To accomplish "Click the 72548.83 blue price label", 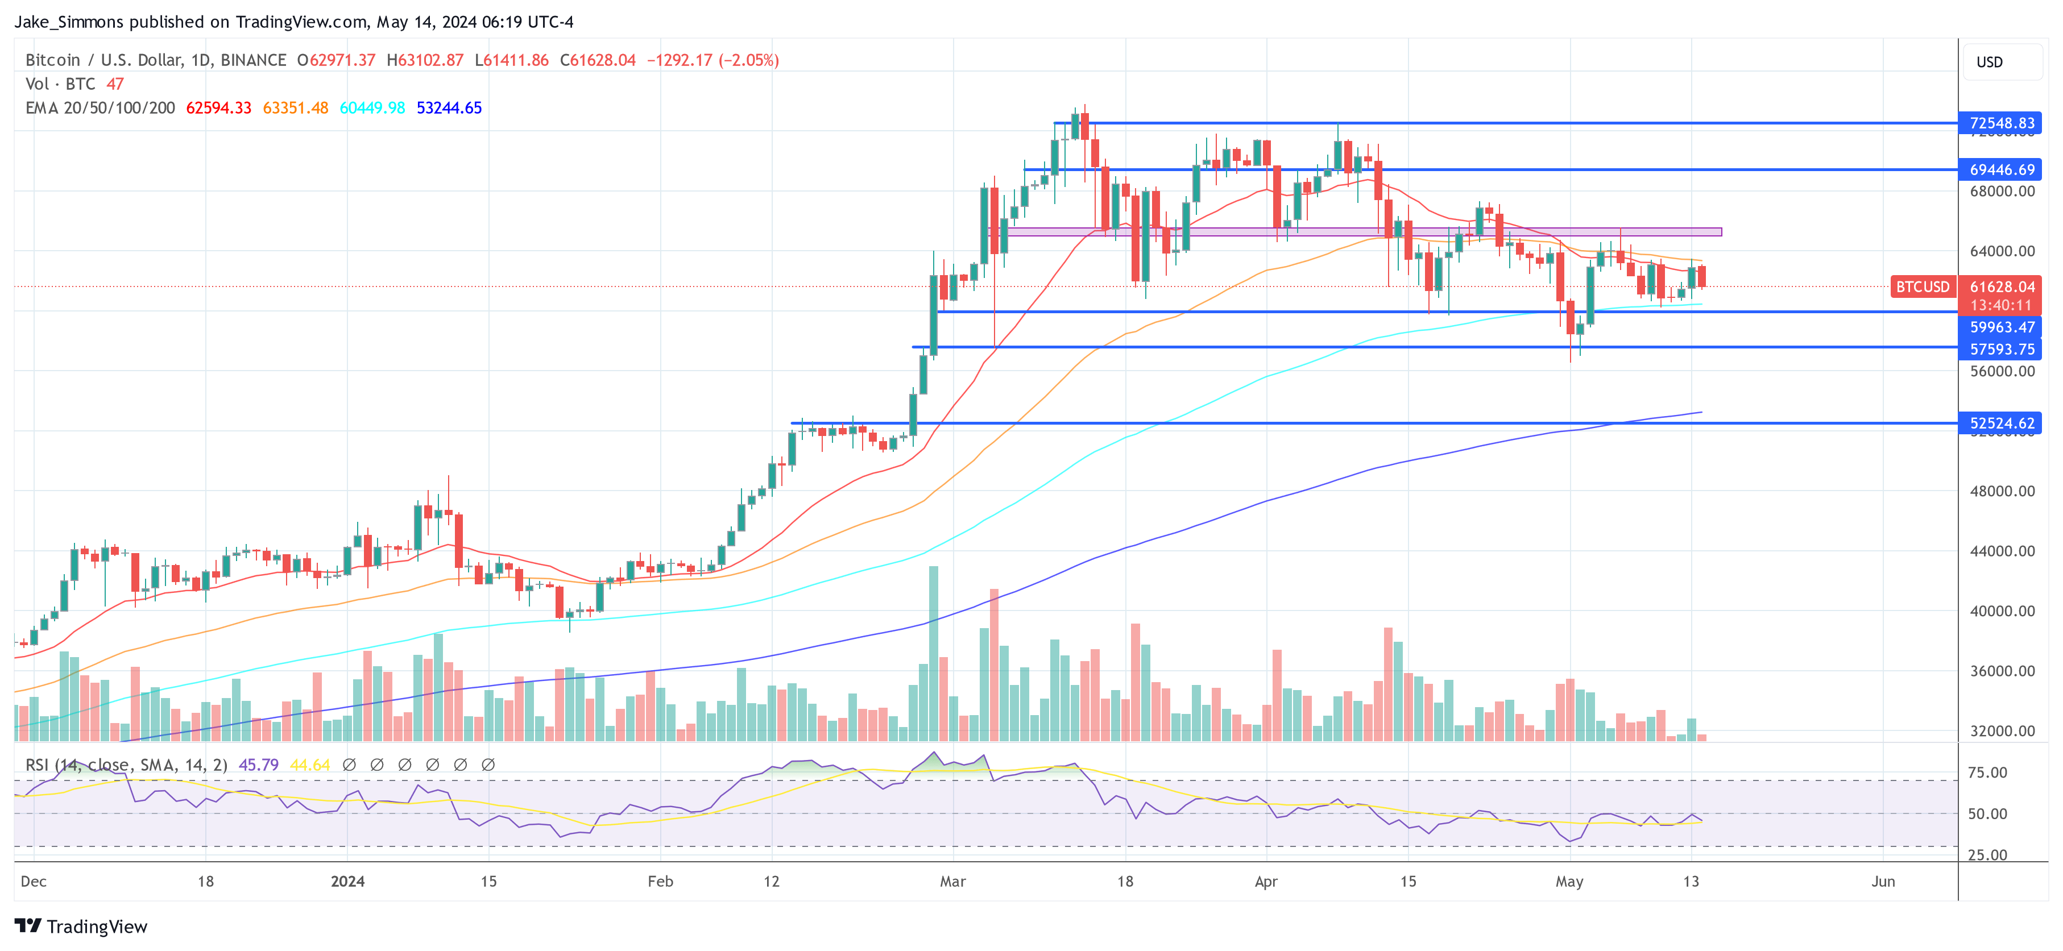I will (2000, 123).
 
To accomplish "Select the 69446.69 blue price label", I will (2000, 170).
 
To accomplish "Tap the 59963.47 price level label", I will (2000, 327).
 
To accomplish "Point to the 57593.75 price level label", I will (2000, 349).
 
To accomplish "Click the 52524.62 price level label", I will (2000, 423).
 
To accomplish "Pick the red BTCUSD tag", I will (1922, 286).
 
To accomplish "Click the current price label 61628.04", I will (2000, 286).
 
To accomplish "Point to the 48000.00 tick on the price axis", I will (2000, 491).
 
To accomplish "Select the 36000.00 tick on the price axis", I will (2000, 671).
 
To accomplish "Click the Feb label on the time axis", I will (660, 881).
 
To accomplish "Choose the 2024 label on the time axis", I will (347, 881).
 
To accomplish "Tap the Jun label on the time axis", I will (1883, 881).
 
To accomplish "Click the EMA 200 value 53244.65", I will (449, 108).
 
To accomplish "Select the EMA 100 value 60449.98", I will (372, 108).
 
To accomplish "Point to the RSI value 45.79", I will (258, 765).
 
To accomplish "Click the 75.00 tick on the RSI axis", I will (1987, 773).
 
